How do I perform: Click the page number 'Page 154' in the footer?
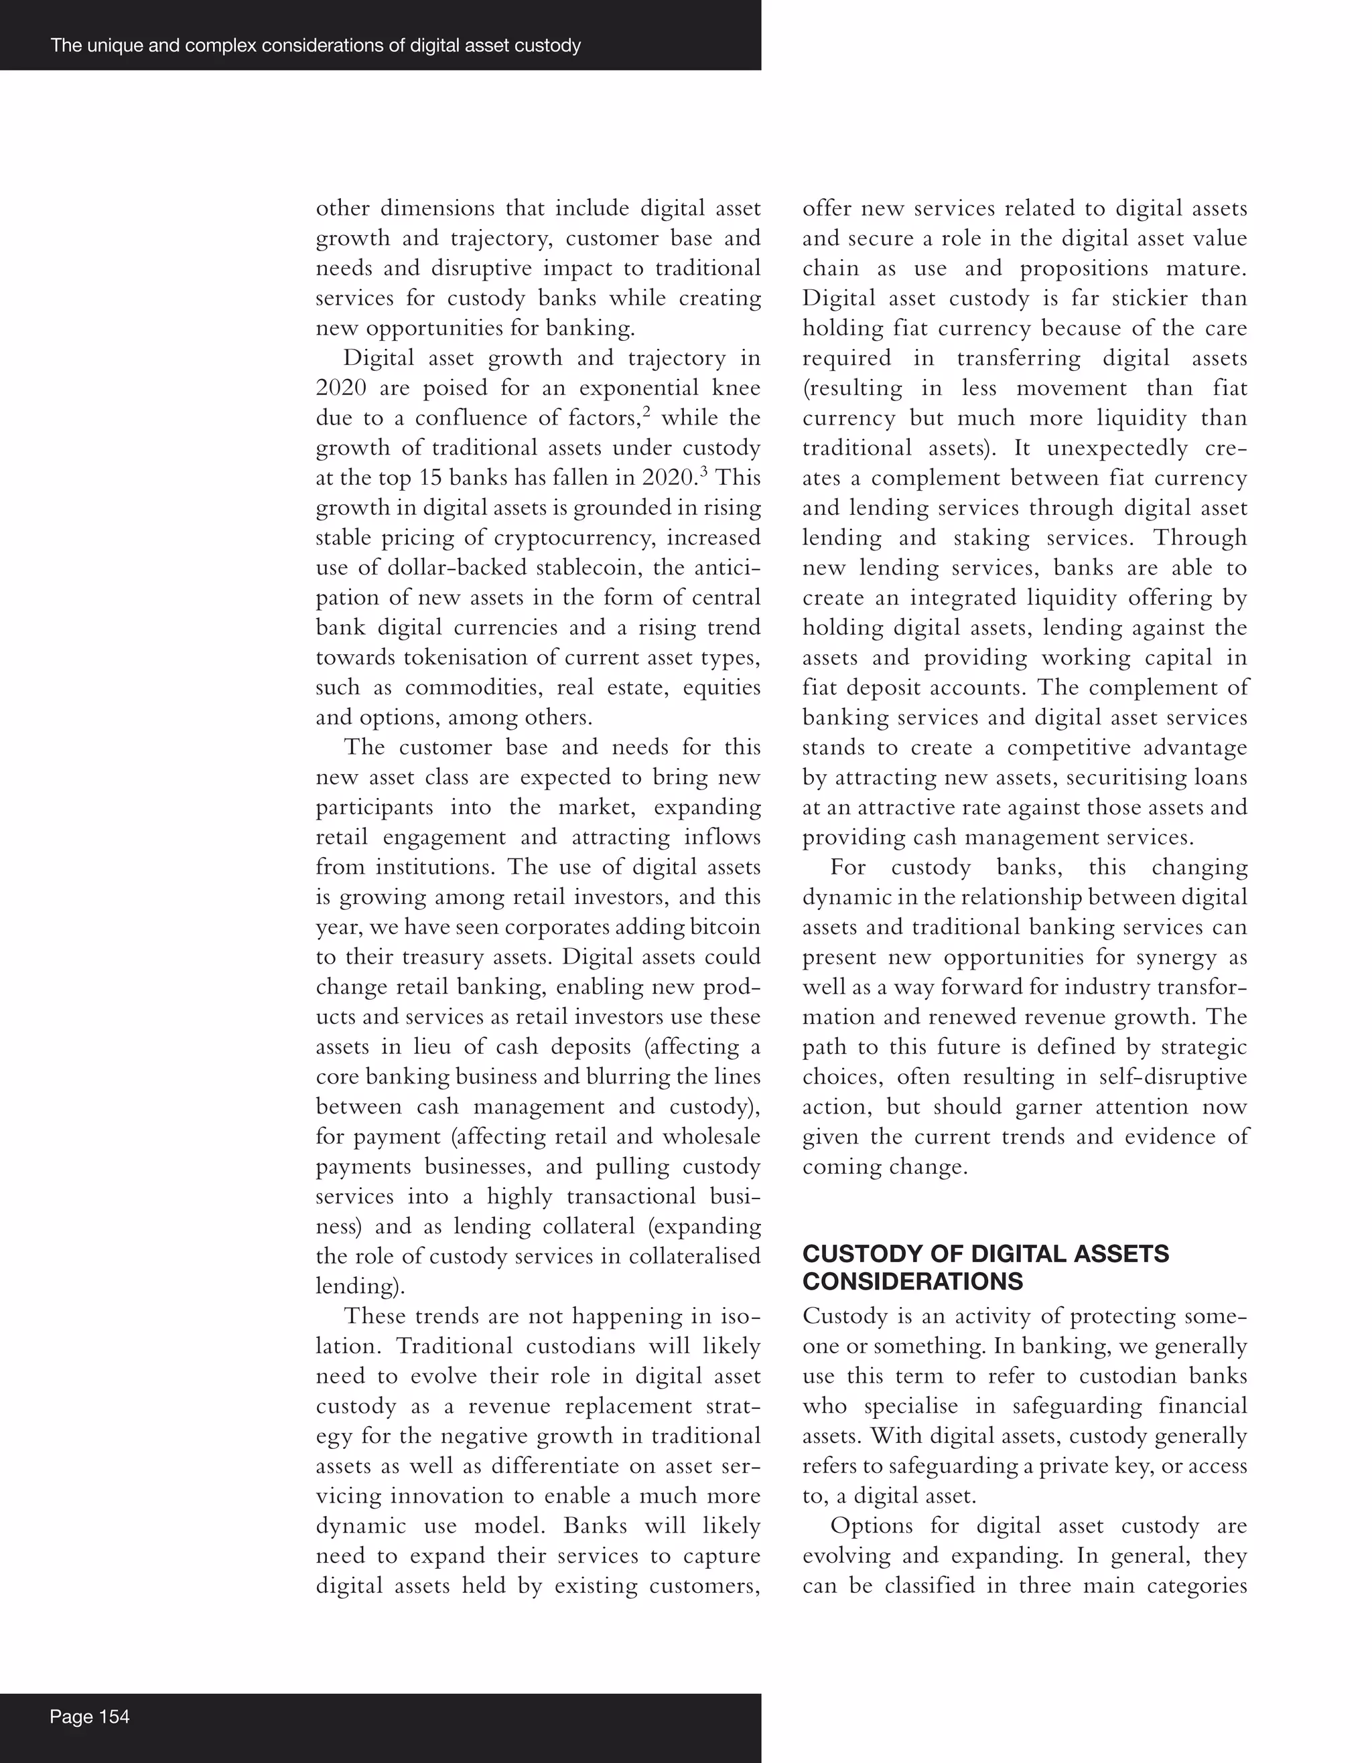tap(89, 1716)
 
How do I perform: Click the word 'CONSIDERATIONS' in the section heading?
tap(912, 1282)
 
